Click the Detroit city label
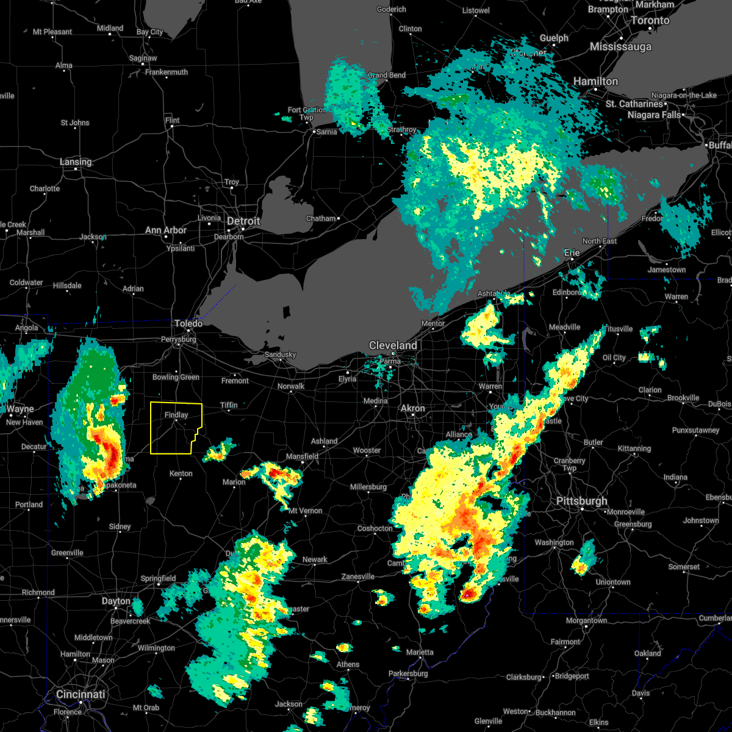243,221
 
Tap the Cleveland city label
393,345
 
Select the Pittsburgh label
581,501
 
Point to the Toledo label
188,323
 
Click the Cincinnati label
81,694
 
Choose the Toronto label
650,20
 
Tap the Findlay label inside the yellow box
176,415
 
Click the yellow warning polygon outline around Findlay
151,427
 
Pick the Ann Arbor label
165,230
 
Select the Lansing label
76,162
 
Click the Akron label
412,408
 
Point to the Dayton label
116,601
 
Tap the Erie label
572,252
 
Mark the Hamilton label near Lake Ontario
595,81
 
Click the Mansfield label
303,456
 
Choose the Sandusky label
280,354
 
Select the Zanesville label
357,576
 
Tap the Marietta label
420,652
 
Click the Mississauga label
620,46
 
